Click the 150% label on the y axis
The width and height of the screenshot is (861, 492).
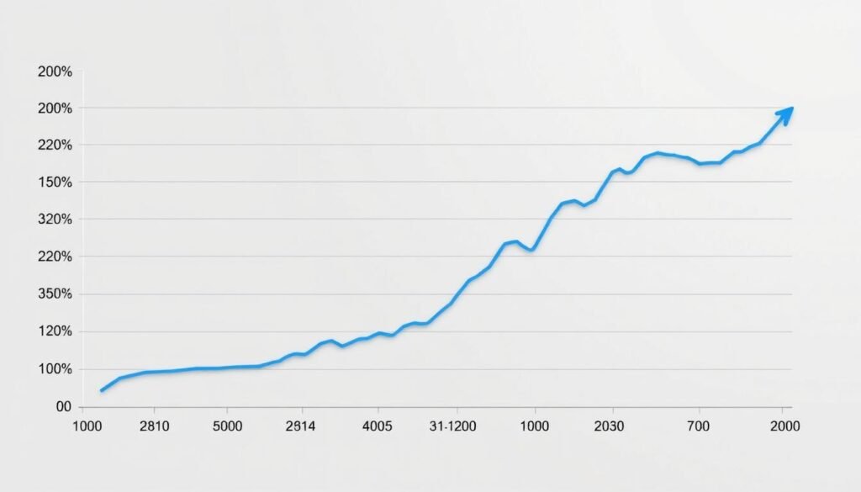pyautogui.click(x=55, y=183)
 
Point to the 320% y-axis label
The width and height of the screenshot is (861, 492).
pyautogui.click(x=55, y=220)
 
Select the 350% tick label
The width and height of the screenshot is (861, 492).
pyautogui.click(x=55, y=294)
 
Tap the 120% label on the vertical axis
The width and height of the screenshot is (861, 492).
pyautogui.click(x=55, y=331)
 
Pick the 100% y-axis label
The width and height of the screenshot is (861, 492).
pyautogui.click(x=55, y=369)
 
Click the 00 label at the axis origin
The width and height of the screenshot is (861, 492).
pyautogui.click(x=62, y=407)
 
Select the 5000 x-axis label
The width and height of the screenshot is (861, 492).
pyautogui.click(x=228, y=426)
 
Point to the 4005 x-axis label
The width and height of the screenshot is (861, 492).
pyautogui.click(x=377, y=426)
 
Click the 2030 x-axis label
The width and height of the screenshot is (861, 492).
pyautogui.click(x=609, y=426)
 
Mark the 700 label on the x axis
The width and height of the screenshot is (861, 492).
pyautogui.click(x=698, y=426)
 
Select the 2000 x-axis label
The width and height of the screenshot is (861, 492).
pyautogui.click(x=785, y=426)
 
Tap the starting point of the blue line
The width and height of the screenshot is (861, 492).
pyautogui.click(x=102, y=390)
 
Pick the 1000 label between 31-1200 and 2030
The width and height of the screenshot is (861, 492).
pyautogui.click(x=535, y=426)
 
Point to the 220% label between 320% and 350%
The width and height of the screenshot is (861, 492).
pyautogui.click(x=55, y=257)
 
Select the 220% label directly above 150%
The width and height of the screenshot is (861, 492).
pyautogui.click(x=55, y=145)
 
